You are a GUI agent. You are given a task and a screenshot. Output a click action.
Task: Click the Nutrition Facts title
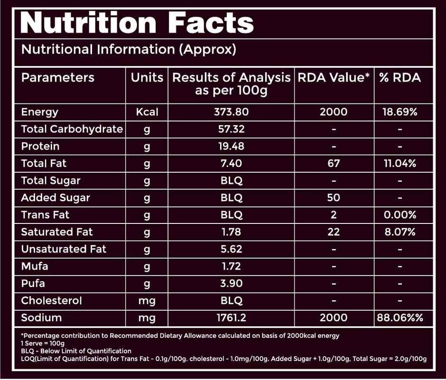pyautogui.click(x=137, y=22)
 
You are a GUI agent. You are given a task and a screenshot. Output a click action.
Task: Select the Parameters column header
pyautogui.click(x=58, y=78)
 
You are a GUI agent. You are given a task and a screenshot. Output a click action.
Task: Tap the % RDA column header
pyautogui.click(x=400, y=78)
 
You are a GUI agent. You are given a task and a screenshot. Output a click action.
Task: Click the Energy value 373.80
pyautogui.click(x=232, y=112)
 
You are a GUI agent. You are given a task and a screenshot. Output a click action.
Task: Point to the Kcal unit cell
pyautogui.click(x=147, y=112)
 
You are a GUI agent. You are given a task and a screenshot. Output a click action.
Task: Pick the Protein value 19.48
pyautogui.click(x=232, y=147)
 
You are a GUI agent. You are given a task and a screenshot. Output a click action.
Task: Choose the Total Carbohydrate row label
pyautogui.click(x=72, y=130)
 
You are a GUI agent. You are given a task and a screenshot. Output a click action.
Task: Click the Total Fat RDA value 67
pyautogui.click(x=334, y=164)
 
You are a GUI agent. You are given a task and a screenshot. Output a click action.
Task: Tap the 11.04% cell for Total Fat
pyautogui.click(x=400, y=164)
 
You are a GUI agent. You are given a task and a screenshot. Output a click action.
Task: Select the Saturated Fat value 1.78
pyautogui.click(x=232, y=232)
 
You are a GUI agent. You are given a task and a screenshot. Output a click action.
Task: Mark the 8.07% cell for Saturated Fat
pyautogui.click(x=400, y=232)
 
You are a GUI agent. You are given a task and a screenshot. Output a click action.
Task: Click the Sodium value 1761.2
pyautogui.click(x=232, y=317)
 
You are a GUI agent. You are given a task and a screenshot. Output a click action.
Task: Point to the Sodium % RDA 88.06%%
pyautogui.click(x=400, y=317)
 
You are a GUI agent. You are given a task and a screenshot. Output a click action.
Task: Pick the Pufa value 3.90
pyautogui.click(x=232, y=284)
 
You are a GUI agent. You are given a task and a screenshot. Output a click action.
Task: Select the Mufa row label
pyautogui.click(x=35, y=266)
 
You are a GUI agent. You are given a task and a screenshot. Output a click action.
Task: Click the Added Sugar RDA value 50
pyautogui.click(x=334, y=198)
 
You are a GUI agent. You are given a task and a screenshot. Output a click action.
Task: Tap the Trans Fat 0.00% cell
pyautogui.click(x=400, y=215)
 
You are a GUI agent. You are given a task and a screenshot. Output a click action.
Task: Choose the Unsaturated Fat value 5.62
pyautogui.click(x=232, y=249)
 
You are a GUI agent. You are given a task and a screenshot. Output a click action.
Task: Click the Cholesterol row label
pyautogui.click(x=52, y=300)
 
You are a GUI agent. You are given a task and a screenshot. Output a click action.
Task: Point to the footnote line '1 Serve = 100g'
pyautogui.click(x=43, y=343)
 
